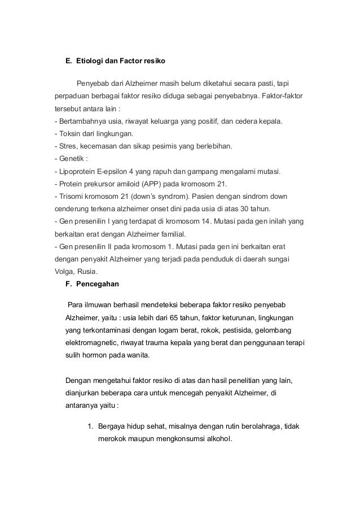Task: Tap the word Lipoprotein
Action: point(77,171)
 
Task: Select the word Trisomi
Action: point(71,196)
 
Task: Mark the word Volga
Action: point(64,271)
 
